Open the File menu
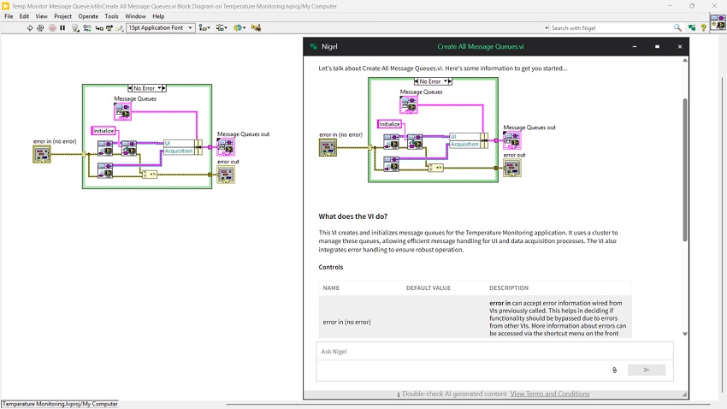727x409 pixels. (9, 16)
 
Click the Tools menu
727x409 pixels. (111, 16)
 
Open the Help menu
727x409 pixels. (158, 16)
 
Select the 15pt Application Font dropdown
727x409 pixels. (161, 28)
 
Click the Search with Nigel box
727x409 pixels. (611, 28)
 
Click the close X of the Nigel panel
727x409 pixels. (680, 46)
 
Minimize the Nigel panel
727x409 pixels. (635, 46)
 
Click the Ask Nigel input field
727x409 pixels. (494, 352)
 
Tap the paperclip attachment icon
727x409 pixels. (614, 370)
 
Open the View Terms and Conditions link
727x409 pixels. (550, 394)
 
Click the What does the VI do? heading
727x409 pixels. (353, 216)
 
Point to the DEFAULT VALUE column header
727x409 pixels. (429, 288)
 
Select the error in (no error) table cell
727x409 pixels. (346, 322)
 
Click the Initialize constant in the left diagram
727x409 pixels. (103, 131)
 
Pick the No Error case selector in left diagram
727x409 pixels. (147, 88)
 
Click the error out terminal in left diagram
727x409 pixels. (226, 175)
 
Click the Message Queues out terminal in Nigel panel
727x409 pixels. (512, 140)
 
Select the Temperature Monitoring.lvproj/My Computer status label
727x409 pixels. (60, 404)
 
